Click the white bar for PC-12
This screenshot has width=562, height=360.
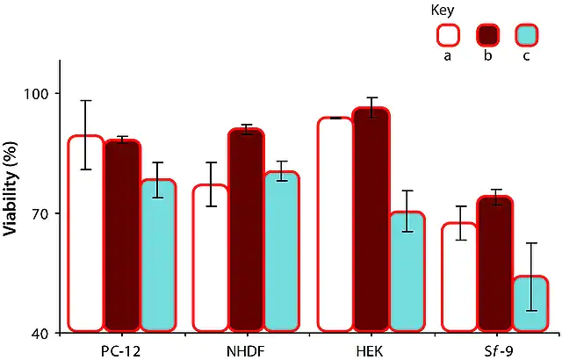86,234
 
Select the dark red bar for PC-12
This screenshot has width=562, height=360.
122,235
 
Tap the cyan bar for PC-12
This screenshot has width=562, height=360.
158,255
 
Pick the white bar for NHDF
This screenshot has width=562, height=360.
211,258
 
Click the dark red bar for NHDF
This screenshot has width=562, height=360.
246,230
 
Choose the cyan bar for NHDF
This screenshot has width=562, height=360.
282,251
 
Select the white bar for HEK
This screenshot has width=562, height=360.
335,224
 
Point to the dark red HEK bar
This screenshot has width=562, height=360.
371,220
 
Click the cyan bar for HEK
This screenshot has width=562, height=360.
407,271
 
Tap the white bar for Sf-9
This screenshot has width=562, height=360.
459,277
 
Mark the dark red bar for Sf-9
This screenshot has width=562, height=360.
495,263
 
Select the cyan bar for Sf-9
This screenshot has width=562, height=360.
530,304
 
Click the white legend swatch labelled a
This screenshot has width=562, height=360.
448,35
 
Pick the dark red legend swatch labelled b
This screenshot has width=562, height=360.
488,35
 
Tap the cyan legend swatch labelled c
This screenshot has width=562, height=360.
527,35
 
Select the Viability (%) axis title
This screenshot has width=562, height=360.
10,189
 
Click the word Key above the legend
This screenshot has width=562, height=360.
443,10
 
